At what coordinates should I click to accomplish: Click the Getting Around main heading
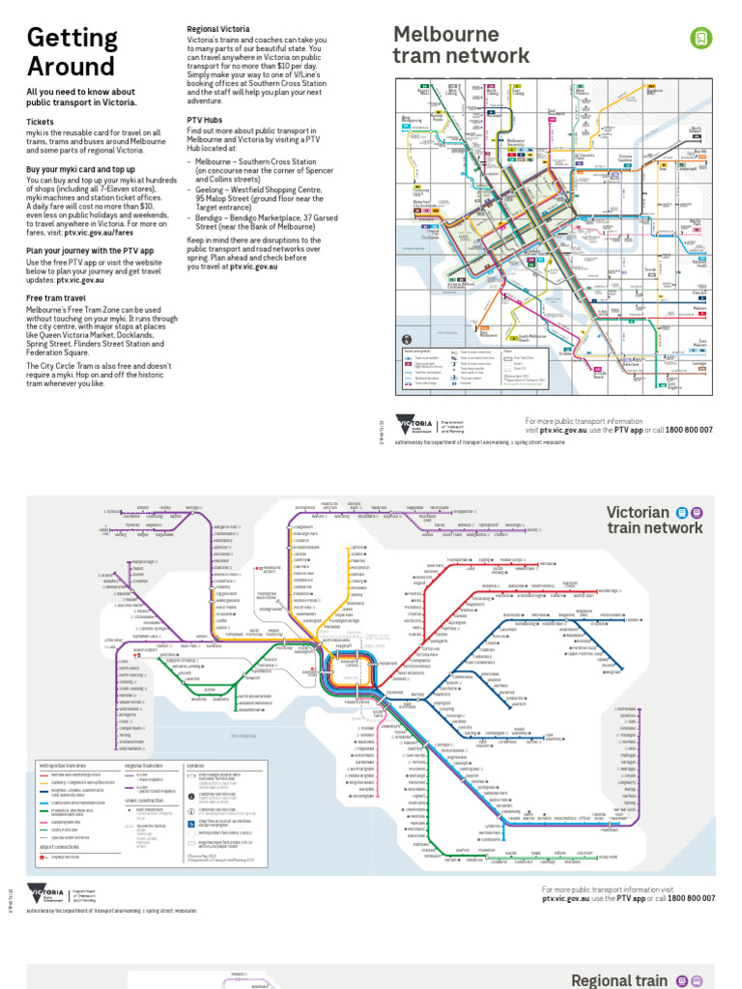point(72,52)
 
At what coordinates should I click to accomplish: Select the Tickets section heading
point(41,123)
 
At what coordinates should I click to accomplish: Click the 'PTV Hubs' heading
point(205,120)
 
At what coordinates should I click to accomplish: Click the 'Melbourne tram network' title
point(461,45)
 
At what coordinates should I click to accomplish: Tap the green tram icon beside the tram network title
point(700,38)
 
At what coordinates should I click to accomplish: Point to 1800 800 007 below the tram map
point(689,430)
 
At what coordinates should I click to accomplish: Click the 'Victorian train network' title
point(654,520)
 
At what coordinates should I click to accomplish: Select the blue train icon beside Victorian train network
point(682,513)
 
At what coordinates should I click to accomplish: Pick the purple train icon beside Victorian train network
point(698,513)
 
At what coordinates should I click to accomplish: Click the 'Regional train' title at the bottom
point(618,980)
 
